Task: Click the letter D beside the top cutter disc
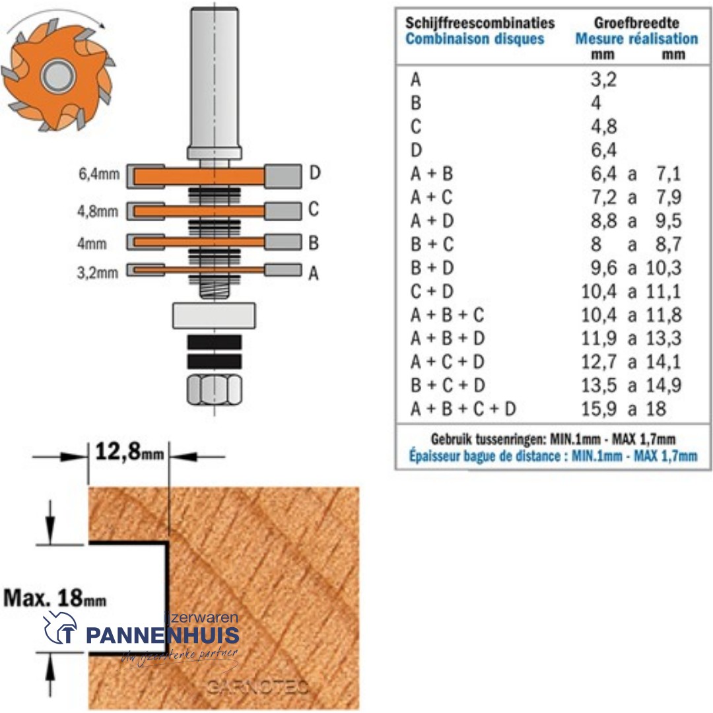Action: pos(315,174)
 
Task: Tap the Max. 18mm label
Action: pos(55,598)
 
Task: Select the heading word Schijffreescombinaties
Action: pos(479,22)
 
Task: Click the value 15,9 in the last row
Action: pos(599,409)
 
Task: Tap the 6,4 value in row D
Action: pos(603,150)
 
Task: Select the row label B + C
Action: pos(432,245)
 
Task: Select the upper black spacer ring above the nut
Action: pos(214,342)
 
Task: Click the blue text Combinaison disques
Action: pos(475,39)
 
